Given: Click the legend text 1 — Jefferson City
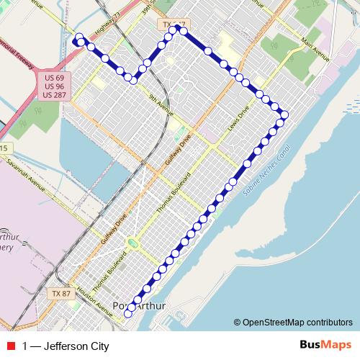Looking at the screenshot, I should tap(66, 346).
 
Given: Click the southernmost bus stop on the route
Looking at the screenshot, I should tap(129, 314).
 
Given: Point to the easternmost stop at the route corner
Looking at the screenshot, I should tap(284, 114).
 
